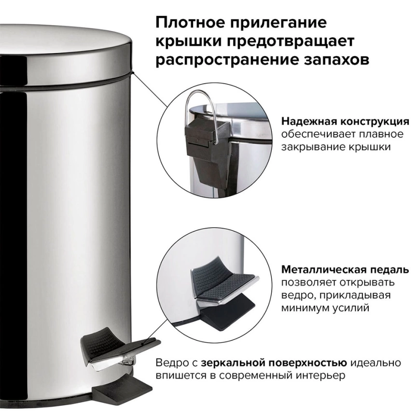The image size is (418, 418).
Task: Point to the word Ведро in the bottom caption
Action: click(170, 362)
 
